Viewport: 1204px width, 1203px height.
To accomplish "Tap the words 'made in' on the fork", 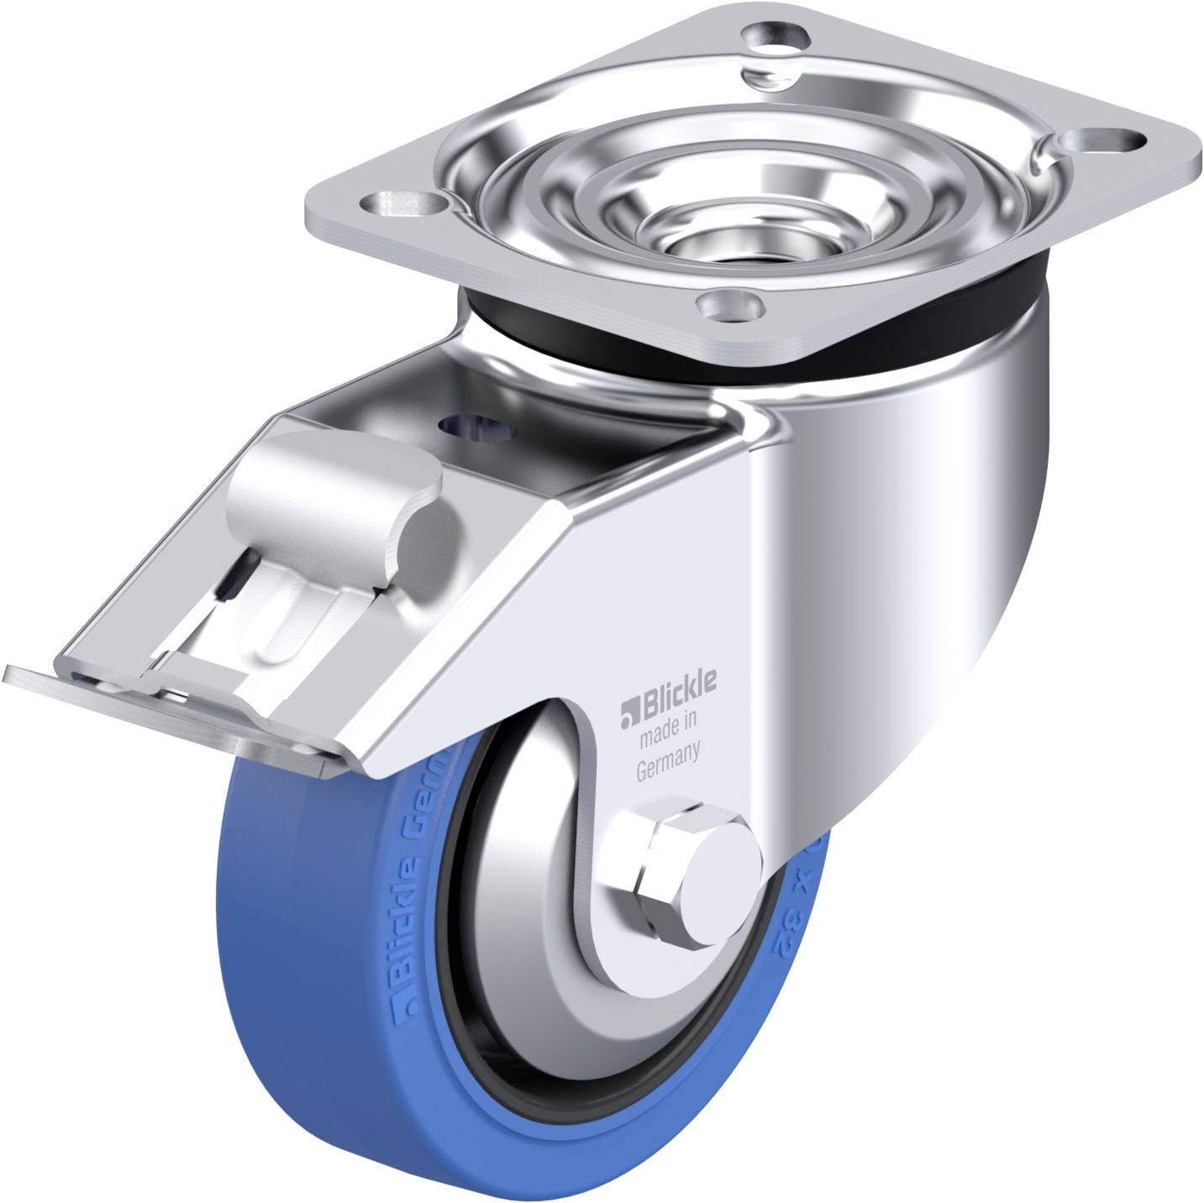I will (670, 717).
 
